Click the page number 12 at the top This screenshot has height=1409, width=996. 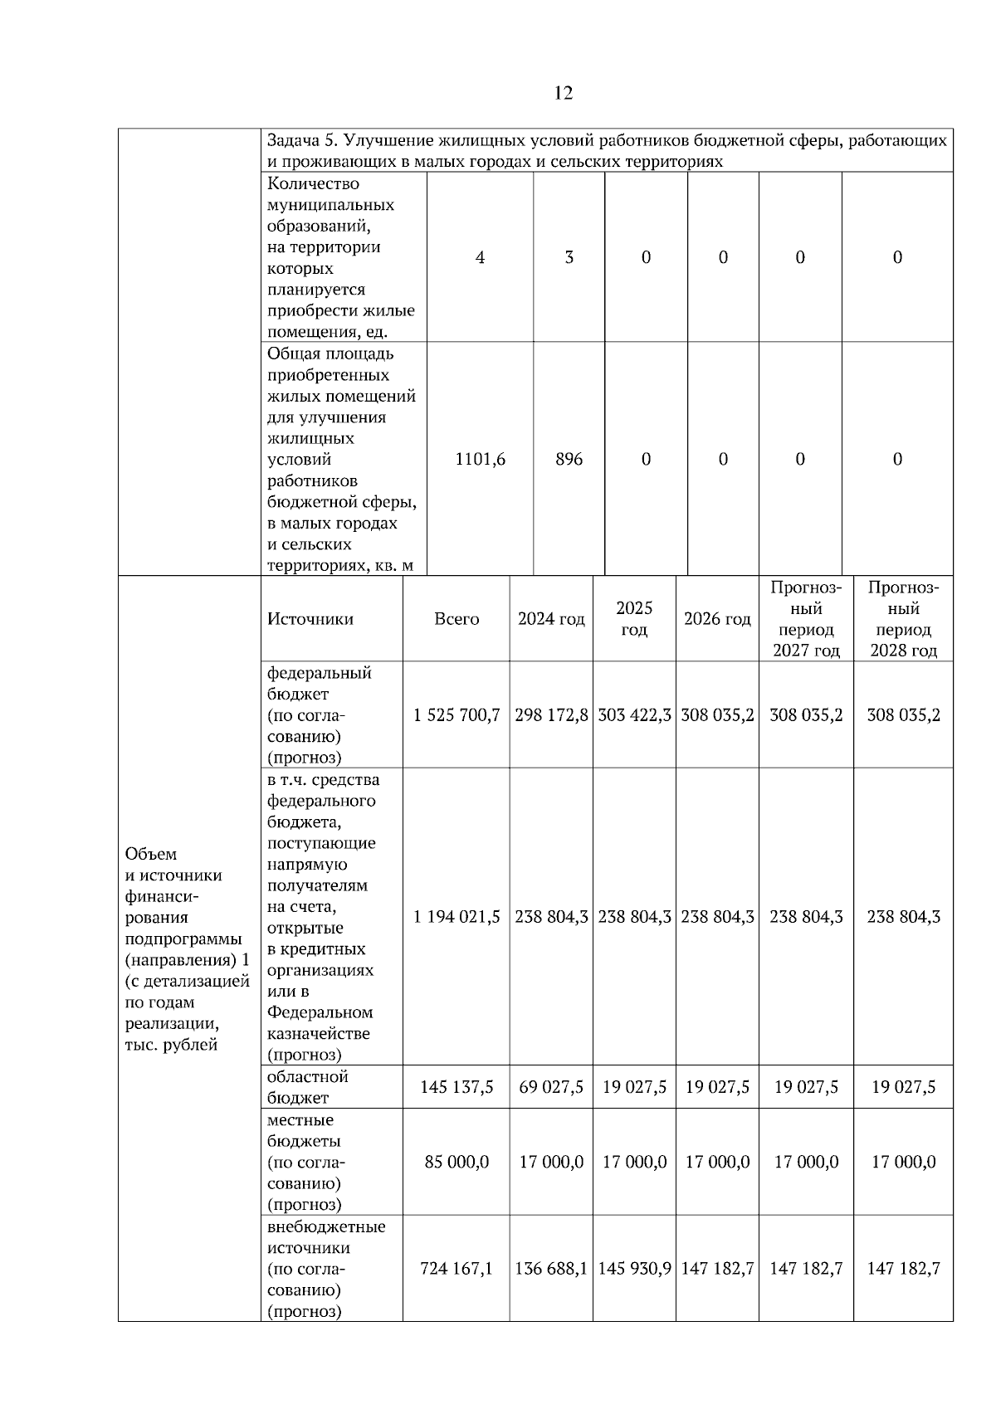562,93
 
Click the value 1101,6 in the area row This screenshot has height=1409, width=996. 480,459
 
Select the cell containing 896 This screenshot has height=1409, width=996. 569,459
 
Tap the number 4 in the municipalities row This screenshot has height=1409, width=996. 480,257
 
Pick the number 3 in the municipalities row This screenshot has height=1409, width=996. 569,257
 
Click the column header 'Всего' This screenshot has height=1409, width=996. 456,619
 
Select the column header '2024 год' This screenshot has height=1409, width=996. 551,619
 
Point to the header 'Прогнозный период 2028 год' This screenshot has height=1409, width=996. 903,619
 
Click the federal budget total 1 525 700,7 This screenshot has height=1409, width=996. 456,714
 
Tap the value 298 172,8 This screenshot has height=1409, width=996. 551,714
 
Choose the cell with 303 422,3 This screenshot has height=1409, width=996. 634,714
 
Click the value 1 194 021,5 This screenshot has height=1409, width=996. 456,917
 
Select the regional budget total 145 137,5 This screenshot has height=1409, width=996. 456,1087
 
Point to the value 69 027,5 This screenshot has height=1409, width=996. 551,1087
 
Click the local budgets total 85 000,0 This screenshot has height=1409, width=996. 456,1162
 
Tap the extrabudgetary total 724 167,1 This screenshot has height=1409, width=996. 456,1268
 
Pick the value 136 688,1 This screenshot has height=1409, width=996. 551,1268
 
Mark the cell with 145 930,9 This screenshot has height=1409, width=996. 634,1268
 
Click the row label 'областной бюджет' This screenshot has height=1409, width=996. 307,1087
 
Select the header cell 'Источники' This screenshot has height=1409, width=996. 310,619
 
